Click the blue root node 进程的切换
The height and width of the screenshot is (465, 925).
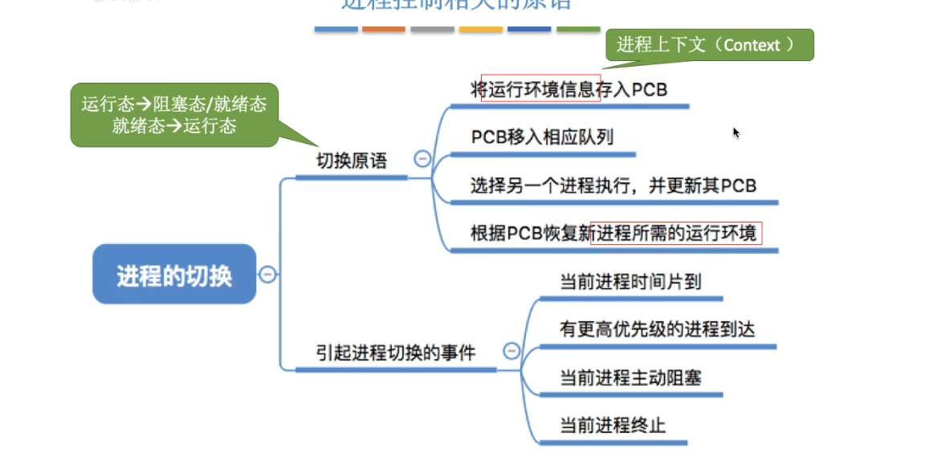(x=174, y=275)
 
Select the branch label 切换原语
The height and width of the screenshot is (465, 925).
(x=352, y=161)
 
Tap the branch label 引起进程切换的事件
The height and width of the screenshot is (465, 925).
(x=396, y=353)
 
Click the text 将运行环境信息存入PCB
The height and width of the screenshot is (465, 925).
(x=569, y=88)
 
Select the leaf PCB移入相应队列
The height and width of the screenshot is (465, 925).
(x=542, y=137)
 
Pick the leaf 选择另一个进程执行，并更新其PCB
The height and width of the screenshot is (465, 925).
(x=613, y=186)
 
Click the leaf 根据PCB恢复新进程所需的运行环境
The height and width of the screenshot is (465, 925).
(x=614, y=234)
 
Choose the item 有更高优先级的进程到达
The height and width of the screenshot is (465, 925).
(x=657, y=329)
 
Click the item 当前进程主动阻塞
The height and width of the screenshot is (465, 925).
(x=630, y=377)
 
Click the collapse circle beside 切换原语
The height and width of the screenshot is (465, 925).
(x=422, y=159)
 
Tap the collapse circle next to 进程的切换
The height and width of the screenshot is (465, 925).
(x=267, y=275)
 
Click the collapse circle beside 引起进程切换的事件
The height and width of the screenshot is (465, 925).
(x=511, y=351)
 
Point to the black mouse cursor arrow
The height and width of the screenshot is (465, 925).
(x=736, y=132)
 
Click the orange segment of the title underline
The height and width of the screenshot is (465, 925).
(x=384, y=29)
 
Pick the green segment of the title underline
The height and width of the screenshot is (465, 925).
(x=578, y=29)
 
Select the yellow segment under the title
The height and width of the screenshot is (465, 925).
(x=481, y=29)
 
